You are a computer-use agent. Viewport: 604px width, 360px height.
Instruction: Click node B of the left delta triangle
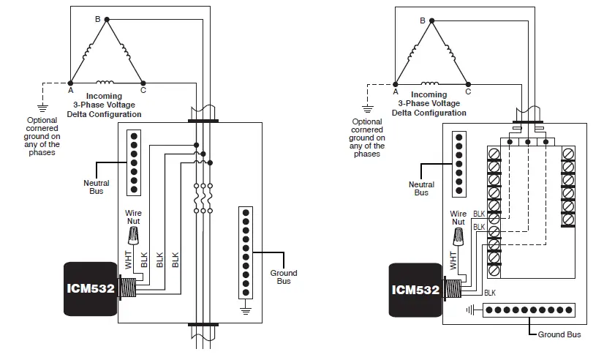pyautogui.click(x=106, y=19)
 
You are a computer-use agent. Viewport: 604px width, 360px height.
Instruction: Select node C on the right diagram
pyautogui.click(x=468, y=83)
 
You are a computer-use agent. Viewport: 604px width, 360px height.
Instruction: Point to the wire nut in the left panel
pyautogui.click(x=133, y=235)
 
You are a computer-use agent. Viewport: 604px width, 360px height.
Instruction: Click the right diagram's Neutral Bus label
pyautogui.click(x=421, y=188)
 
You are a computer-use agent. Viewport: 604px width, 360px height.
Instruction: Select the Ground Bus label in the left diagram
pyautogui.click(x=284, y=277)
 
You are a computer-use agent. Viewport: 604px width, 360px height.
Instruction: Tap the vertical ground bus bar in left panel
pyautogui.click(x=246, y=253)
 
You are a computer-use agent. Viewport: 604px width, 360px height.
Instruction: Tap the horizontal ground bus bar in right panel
pyautogui.click(x=525, y=310)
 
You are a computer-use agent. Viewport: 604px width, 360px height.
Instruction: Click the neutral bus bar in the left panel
pyautogui.click(x=133, y=162)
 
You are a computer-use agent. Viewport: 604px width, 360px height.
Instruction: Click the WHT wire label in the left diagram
pyautogui.click(x=127, y=260)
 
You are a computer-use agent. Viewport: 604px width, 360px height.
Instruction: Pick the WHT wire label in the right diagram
pyautogui.click(x=452, y=260)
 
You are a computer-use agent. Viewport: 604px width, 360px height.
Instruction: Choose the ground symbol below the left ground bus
pyautogui.click(x=246, y=311)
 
